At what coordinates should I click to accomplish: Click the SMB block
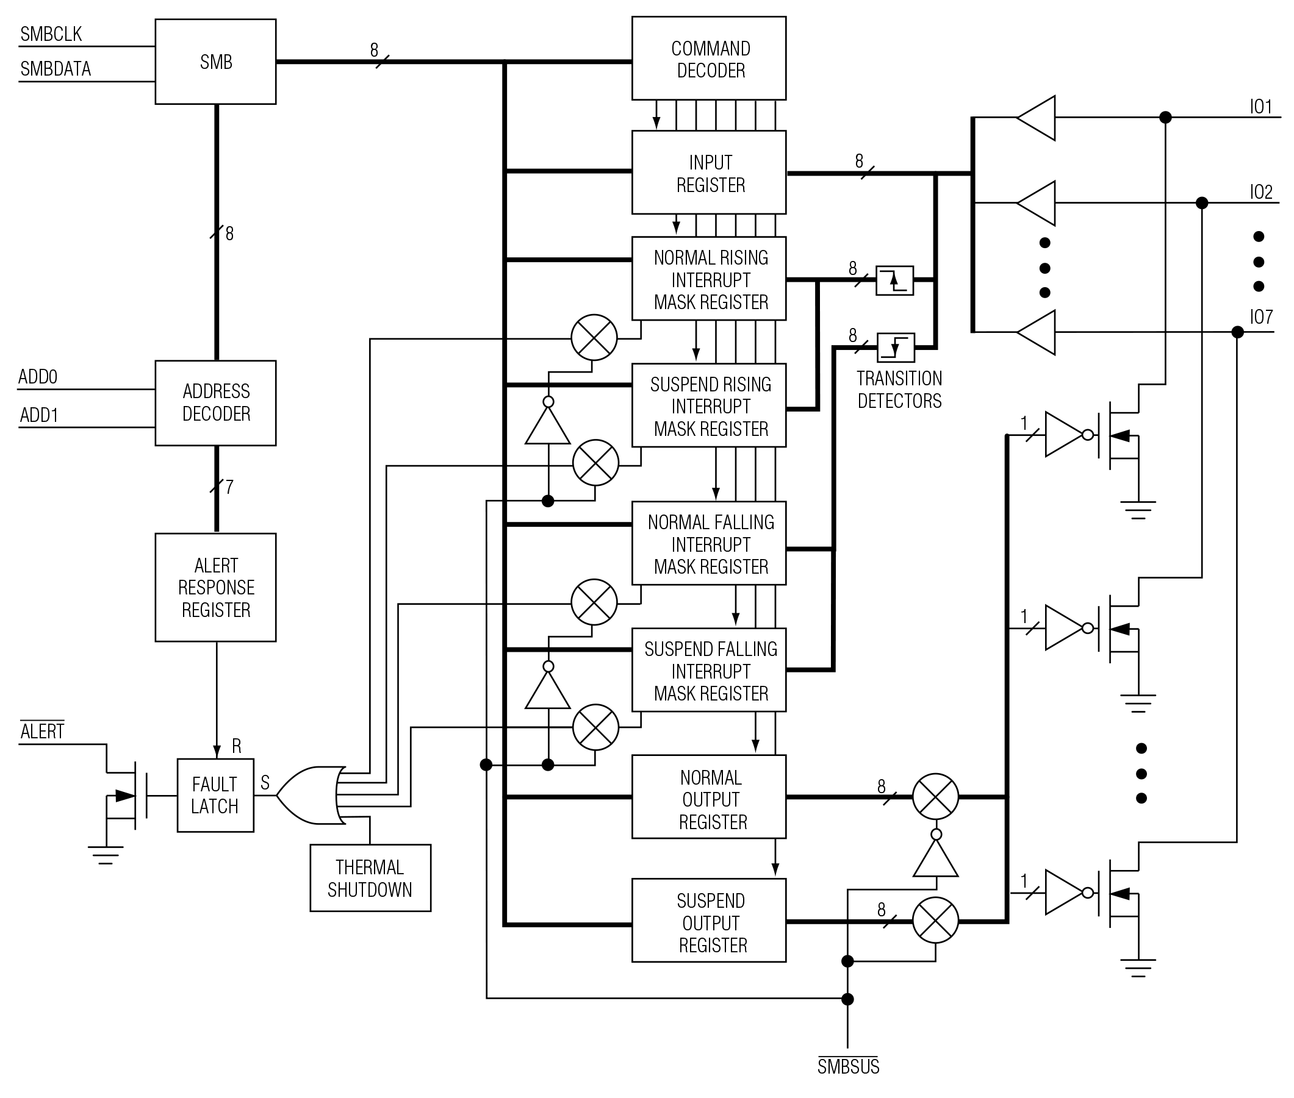[x=215, y=62]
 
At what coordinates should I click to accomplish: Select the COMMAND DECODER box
[x=709, y=59]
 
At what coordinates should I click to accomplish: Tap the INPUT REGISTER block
[x=709, y=173]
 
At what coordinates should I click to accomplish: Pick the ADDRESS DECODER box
[x=215, y=403]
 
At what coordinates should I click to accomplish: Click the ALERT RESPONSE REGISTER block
[x=215, y=587]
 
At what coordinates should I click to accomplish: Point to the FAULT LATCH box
[x=215, y=795]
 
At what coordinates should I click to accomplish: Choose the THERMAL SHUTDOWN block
[x=370, y=878]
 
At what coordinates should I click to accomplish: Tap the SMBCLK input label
[x=51, y=34]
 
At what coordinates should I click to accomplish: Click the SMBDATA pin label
[x=56, y=68]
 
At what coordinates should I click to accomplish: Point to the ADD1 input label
[x=38, y=415]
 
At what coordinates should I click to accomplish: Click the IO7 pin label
[x=1261, y=318]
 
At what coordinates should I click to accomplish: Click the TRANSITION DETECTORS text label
[x=899, y=390]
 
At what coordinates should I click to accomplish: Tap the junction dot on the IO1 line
[x=1165, y=117]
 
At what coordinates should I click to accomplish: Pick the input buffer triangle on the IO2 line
[x=1038, y=203]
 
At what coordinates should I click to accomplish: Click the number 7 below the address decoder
[x=229, y=487]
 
